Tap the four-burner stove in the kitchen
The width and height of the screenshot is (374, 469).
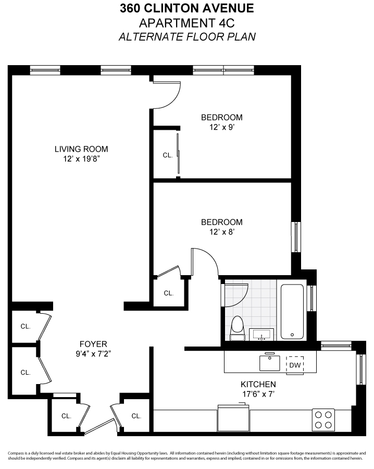point(323,419)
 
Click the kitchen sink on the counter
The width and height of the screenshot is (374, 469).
point(270,362)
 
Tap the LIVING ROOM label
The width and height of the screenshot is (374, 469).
point(81,149)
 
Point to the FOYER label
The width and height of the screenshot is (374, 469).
point(93,344)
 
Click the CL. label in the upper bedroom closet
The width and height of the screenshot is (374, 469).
point(167,155)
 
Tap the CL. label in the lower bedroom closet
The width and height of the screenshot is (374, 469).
point(168,293)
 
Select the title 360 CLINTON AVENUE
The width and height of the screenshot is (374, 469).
point(187,9)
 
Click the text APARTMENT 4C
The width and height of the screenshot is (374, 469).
point(187,23)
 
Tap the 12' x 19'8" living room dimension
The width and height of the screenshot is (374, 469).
point(81,158)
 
